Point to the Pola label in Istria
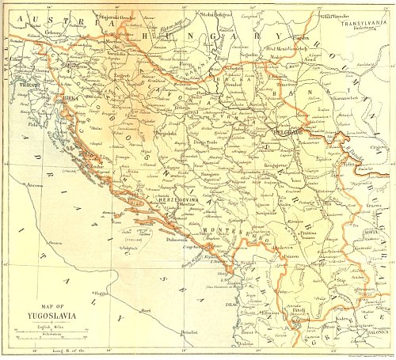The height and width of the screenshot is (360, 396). [x=32, y=125]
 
